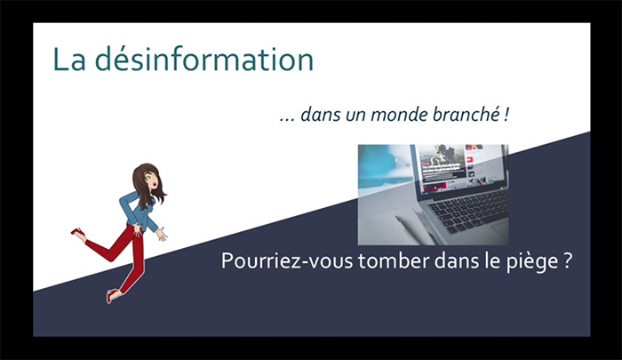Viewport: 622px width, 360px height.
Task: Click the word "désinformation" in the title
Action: (204, 60)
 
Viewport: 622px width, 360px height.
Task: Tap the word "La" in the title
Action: (69, 60)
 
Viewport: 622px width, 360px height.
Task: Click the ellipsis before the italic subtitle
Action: (287, 120)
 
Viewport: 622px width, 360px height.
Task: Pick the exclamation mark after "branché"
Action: (506, 115)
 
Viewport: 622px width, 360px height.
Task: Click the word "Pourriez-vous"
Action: (287, 261)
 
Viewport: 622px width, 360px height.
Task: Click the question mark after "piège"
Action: (567, 261)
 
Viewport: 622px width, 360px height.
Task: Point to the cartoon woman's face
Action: (151, 180)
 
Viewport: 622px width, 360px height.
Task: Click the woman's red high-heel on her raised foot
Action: (78, 234)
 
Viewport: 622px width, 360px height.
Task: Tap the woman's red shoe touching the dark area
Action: (113, 295)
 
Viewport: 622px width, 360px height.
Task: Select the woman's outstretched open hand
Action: (162, 234)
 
